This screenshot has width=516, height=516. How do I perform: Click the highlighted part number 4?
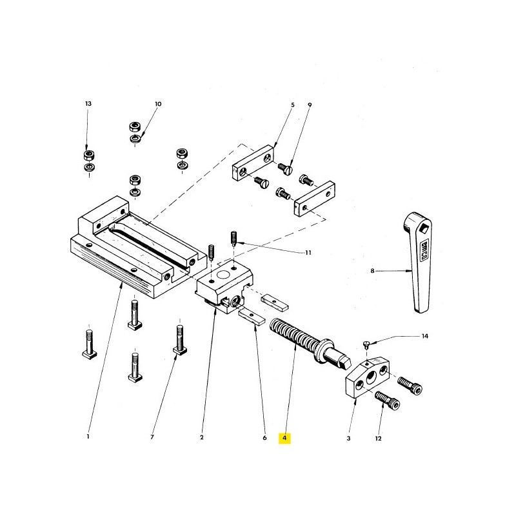pyautogui.click(x=284, y=438)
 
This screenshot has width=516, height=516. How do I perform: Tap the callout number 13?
pyautogui.click(x=88, y=104)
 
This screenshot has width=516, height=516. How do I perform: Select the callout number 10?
pyautogui.click(x=158, y=104)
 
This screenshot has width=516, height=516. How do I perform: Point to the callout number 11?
pyautogui.click(x=308, y=253)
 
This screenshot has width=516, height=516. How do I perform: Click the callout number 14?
pyautogui.click(x=425, y=336)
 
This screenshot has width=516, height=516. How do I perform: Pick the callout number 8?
pyautogui.click(x=373, y=271)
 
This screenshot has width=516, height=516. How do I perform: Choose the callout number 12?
pyautogui.click(x=378, y=439)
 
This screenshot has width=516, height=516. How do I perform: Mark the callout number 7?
pyautogui.click(x=152, y=437)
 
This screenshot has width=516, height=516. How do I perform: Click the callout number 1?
pyautogui.click(x=88, y=437)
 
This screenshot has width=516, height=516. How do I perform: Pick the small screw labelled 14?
pyautogui.click(x=366, y=344)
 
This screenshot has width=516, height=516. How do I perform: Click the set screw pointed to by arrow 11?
pyautogui.click(x=233, y=238)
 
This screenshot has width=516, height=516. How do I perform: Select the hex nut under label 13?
pyautogui.click(x=88, y=155)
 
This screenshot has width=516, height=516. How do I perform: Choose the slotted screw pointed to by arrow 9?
pyautogui.click(x=284, y=169)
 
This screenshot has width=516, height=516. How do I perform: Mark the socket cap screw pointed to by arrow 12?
pyautogui.click(x=388, y=400)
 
